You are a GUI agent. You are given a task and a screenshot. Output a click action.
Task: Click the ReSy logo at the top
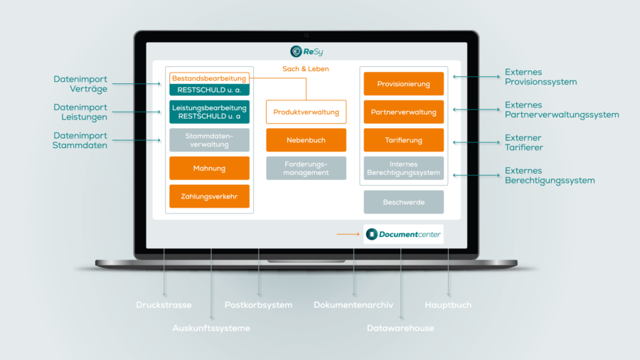coord(306,51)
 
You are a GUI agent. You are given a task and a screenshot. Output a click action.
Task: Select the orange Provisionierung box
coord(403,84)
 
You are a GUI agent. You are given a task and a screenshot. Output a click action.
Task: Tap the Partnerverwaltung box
coord(403,112)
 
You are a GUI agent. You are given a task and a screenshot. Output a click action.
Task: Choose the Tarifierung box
coord(403,140)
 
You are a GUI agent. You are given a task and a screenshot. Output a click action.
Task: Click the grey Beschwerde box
coord(403,202)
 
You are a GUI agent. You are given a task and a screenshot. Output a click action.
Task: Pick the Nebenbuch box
coord(306,140)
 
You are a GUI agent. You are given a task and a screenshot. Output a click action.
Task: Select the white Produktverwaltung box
coord(306,112)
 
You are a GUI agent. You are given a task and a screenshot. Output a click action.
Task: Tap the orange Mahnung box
coord(209,169)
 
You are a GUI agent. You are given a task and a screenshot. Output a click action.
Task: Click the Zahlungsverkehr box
coord(209,196)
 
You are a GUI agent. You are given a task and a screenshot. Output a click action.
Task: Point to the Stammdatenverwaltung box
coord(209,140)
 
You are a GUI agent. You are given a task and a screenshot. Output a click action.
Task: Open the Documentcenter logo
coord(403,234)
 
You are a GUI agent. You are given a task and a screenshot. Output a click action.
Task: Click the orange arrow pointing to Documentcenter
coord(348,234)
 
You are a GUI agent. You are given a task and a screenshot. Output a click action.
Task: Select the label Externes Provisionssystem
coord(540,77)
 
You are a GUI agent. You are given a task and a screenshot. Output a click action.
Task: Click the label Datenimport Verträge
coord(80,84)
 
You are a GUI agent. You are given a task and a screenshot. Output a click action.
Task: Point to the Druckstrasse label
coord(164,305)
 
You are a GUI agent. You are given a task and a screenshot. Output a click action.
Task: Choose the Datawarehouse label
coord(400,328)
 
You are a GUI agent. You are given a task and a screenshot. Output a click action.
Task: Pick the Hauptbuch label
coord(448,305)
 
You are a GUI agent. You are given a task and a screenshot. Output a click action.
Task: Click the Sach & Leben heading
coord(306,69)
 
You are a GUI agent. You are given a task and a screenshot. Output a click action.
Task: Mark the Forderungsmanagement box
coord(306,169)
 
